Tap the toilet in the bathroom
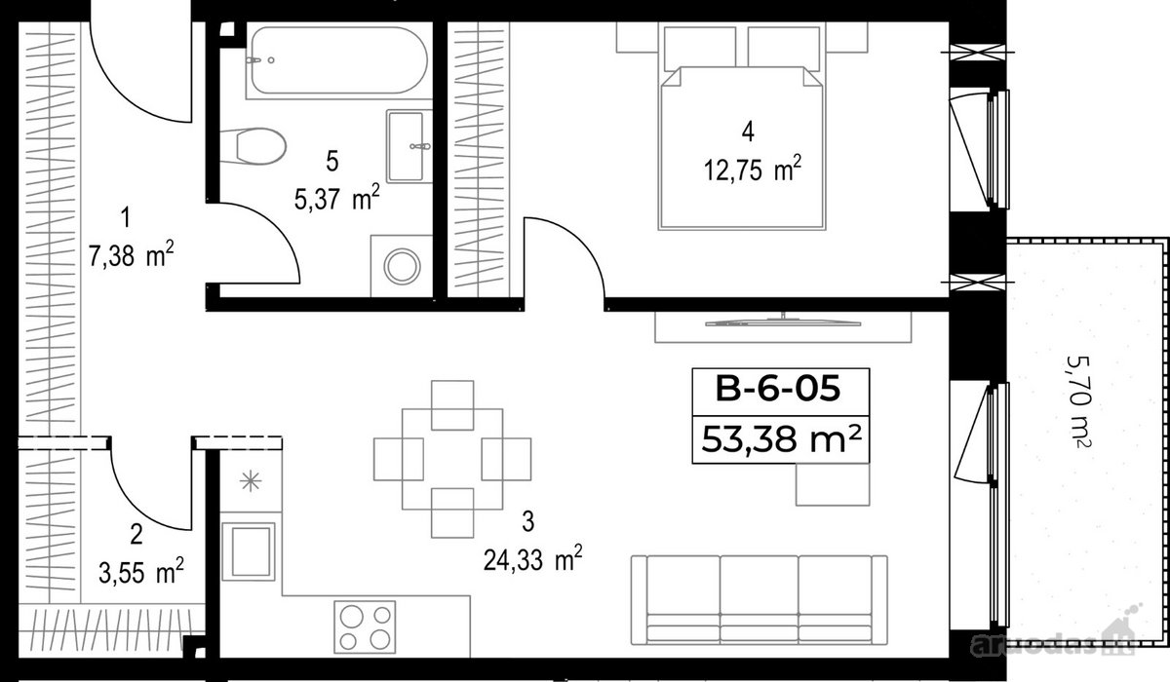(x=253, y=146)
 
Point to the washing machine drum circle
(x=402, y=267)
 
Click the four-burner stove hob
(x=365, y=626)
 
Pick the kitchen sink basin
(x=249, y=551)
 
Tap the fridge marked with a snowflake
(x=251, y=480)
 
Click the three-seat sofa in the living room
(x=759, y=599)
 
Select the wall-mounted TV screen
(x=782, y=323)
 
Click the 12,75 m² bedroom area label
(x=752, y=170)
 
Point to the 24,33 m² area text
(x=532, y=560)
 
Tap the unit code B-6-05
(x=778, y=389)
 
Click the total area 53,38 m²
(x=781, y=439)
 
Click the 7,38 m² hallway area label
(x=131, y=255)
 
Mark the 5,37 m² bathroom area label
(x=337, y=199)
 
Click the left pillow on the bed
(x=700, y=49)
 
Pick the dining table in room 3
(x=452, y=459)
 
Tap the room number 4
(x=748, y=132)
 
